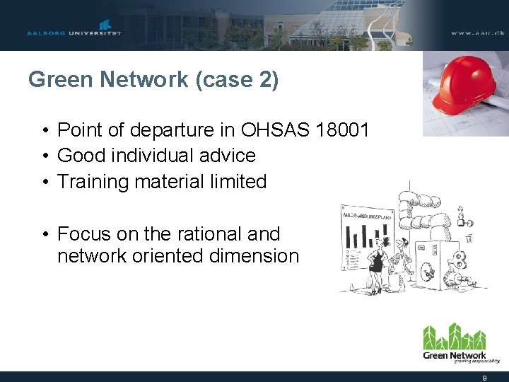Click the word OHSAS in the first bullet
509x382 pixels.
[x=277, y=130]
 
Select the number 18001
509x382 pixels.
[x=344, y=130]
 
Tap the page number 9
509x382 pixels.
[x=484, y=378]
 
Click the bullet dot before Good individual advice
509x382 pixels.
[x=44, y=156]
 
